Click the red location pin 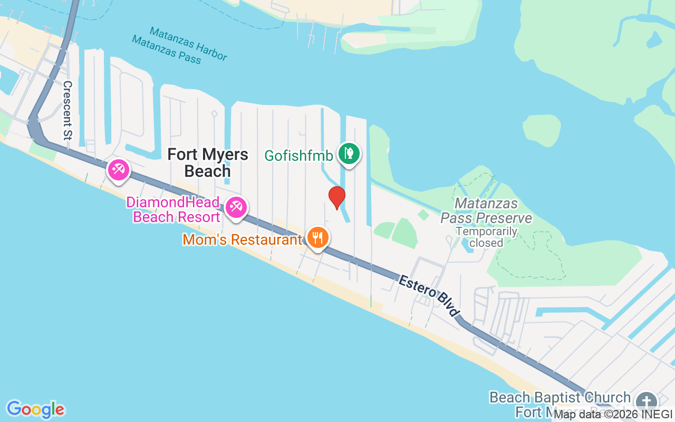pyautogui.click(x=336, y=197)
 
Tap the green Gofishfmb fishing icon pyautogui.click(x=349, y=154)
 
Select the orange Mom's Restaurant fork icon pyautogui.click(x=317, y=238)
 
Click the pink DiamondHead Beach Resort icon pyautogui.click(x=236, y=207)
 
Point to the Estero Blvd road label pyautogui.click(x=428, y=295)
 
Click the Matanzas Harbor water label pyautogui.click(x=188, y=44)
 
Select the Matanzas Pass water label pyautogui.click(x=167, y=49)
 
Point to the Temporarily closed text pyautogui.click(x=486, y=237)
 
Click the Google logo pyautogui.click(x=35, y=409)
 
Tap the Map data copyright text pyautogui.click(x=613, y=415)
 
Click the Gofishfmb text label pyautogui.click(x=298, y=156)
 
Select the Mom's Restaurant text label pyautogui.click(x=242, y=240)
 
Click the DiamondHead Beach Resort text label pyautogui.click(x=176, y=209)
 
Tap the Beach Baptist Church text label pyautogui.click(x=560, y=397)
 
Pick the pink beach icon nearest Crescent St pyautogui.click(x=118, y=170)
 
